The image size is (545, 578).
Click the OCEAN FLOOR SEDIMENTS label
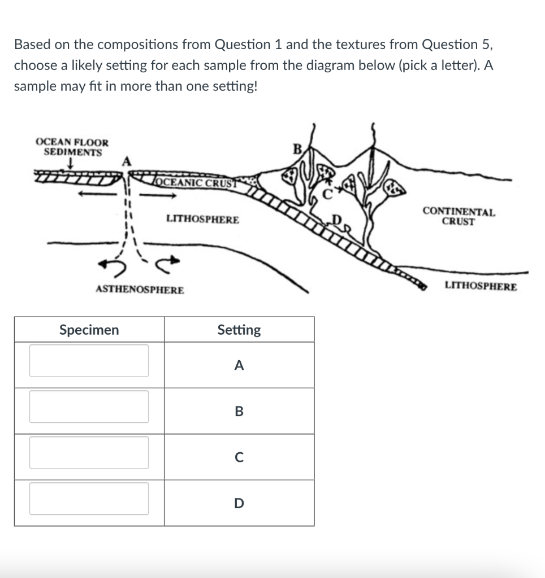(72, 147)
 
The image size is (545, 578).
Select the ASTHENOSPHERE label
(140, 290)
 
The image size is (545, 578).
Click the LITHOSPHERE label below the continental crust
(480, 286)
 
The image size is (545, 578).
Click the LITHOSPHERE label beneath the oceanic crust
(202, 219)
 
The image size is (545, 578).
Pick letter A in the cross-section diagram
(127, 161)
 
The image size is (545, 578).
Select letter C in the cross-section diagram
(327, 196)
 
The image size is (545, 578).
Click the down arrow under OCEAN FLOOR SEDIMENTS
(69, 163)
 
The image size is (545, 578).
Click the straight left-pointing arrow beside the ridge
(97, 195)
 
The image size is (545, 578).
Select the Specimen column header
(89, 330)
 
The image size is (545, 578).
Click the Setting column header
(239, 330)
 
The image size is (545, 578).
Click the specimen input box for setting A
(89, 361)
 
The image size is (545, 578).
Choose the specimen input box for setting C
(89, 453)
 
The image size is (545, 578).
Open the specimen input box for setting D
(89, 498)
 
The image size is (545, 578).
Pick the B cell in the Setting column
(239, 411)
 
